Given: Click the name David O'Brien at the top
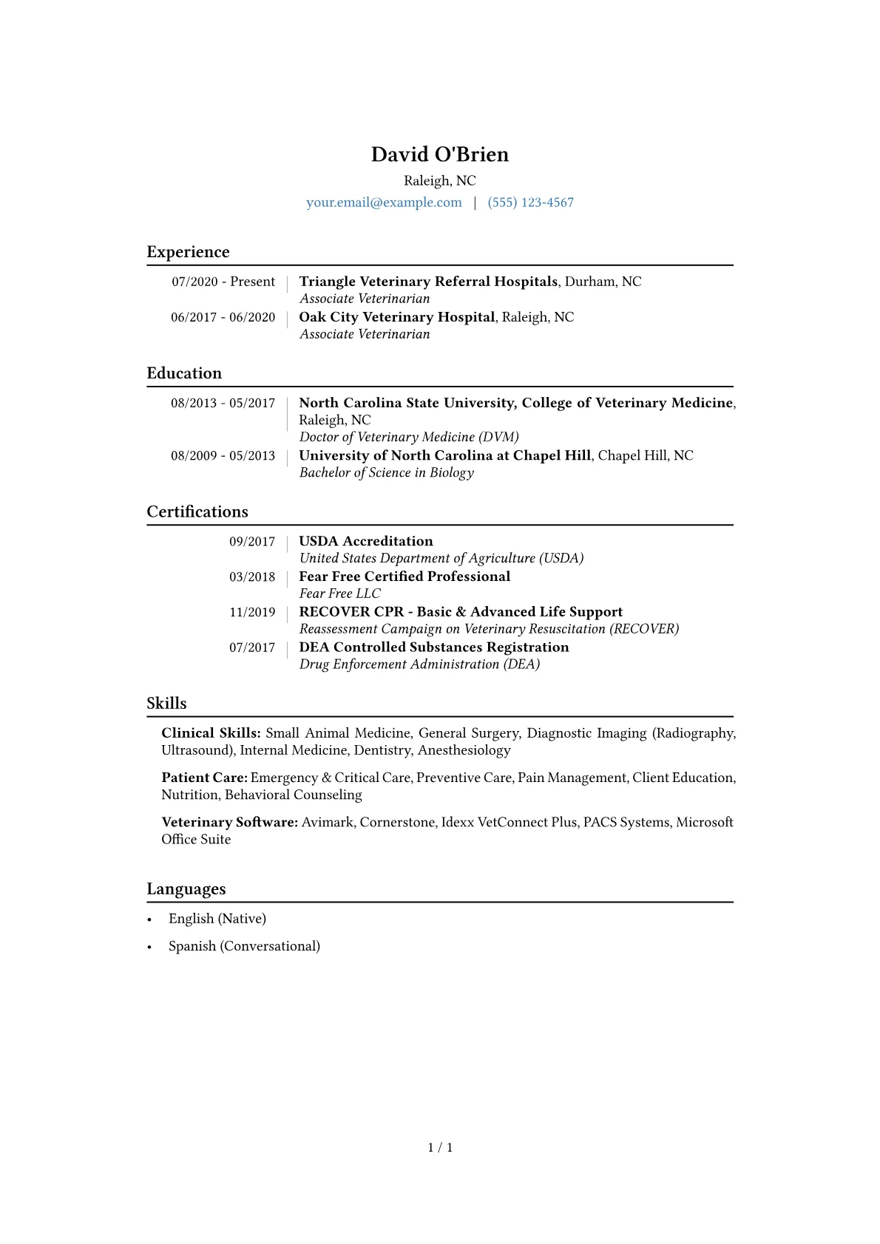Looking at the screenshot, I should (x=439, y=154).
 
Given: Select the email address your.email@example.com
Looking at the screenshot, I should (x=384, y=203).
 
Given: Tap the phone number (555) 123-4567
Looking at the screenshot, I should (x=530, y=203).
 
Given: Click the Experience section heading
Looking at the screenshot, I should (x=188, y=252).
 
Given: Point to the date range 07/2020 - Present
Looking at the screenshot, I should (x=223, y=282).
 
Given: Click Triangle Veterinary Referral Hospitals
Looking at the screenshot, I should (x=428, y=282).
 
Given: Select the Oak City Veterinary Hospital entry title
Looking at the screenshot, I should (x=396, y=317).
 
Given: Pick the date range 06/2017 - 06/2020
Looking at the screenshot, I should (x=223, y=317).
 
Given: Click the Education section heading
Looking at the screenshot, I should (x=184, y=373).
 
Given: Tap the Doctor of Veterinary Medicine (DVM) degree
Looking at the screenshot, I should (x=409, y=437).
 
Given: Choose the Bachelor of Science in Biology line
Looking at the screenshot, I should (x=386, y=472).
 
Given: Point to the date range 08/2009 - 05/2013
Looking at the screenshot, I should (x=223, y=456).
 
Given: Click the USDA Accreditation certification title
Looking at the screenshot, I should (x=366, y=541).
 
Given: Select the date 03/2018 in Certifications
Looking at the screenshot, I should (x=251, y=577).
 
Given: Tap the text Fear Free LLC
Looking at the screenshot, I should (x=340, y=594).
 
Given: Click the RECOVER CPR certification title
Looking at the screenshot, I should (x=461, y=612).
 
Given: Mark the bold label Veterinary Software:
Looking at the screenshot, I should (x=229, y=822).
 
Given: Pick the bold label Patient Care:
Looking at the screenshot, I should (x=204, y=778).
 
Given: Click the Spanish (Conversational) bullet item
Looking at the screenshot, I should (x=244, y=946).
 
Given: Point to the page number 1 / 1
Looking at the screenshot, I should (x=440, y=1147).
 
